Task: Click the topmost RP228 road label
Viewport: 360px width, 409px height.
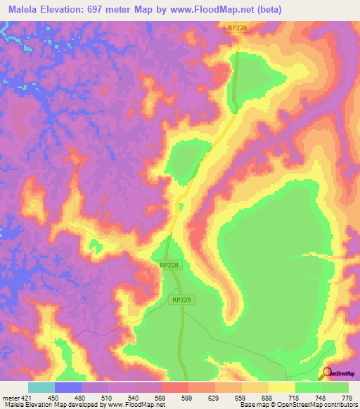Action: (238, 27)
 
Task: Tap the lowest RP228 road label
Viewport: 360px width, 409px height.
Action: (181, 299)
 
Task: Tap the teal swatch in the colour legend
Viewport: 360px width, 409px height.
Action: (41, 387)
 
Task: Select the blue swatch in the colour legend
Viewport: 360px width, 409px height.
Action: (68, 387)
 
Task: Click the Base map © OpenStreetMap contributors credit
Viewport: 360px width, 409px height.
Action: (297, 405)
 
